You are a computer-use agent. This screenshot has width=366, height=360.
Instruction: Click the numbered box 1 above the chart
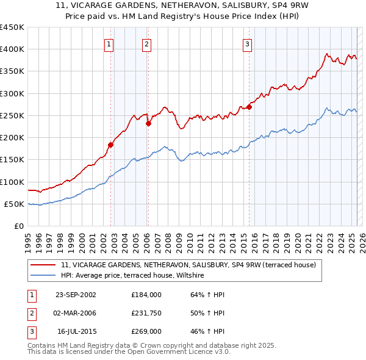click(x=109, y=43)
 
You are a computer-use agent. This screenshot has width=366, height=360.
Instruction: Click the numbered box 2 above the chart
click(x=147, y=43)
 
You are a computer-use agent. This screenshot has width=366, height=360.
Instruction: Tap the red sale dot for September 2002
click(x=111, y=145)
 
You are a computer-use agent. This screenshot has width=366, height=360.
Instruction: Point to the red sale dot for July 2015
click(x=249, y=107)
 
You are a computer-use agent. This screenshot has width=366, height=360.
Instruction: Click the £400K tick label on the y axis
click(x=12, y=49)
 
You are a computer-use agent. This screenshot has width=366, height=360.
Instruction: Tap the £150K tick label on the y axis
click(x=12, y=160)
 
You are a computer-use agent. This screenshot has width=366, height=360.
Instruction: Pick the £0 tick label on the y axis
click(x=19, y=226)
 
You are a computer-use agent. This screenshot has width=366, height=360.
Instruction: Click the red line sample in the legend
click(x=43, y=265)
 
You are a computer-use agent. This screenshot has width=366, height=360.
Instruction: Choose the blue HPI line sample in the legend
click(x=43, y=276)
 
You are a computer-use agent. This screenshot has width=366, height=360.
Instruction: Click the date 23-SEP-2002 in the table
click(x=76, y=295)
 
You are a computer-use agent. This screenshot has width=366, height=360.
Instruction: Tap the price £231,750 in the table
click(x=146, y=313)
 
